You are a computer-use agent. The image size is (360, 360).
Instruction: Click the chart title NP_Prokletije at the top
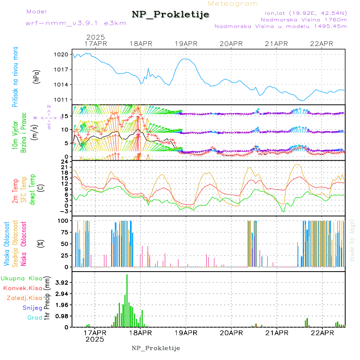point(170,15)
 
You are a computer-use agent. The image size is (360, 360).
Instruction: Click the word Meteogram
point(233,4)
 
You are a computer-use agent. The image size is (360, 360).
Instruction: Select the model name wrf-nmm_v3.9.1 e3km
point(76,23)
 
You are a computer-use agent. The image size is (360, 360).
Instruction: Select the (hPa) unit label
point(37,76)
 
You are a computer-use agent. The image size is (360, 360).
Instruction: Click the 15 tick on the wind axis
point(66,116)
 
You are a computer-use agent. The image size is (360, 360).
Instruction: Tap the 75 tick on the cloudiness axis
point(64,232)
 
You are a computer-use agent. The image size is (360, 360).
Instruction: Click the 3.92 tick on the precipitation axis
point(62,282)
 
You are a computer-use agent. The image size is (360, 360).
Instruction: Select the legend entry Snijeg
point(32,308)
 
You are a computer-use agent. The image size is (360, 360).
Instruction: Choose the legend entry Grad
point(34,318)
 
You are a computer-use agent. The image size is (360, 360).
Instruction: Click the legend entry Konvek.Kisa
point(22,288)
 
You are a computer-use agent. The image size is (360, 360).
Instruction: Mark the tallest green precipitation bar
point(127,300)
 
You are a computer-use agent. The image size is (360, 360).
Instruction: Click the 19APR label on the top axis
point(186,44)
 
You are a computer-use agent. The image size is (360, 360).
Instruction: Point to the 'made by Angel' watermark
point(352,240)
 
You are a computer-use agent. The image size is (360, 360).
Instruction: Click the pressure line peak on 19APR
point(185,59)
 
